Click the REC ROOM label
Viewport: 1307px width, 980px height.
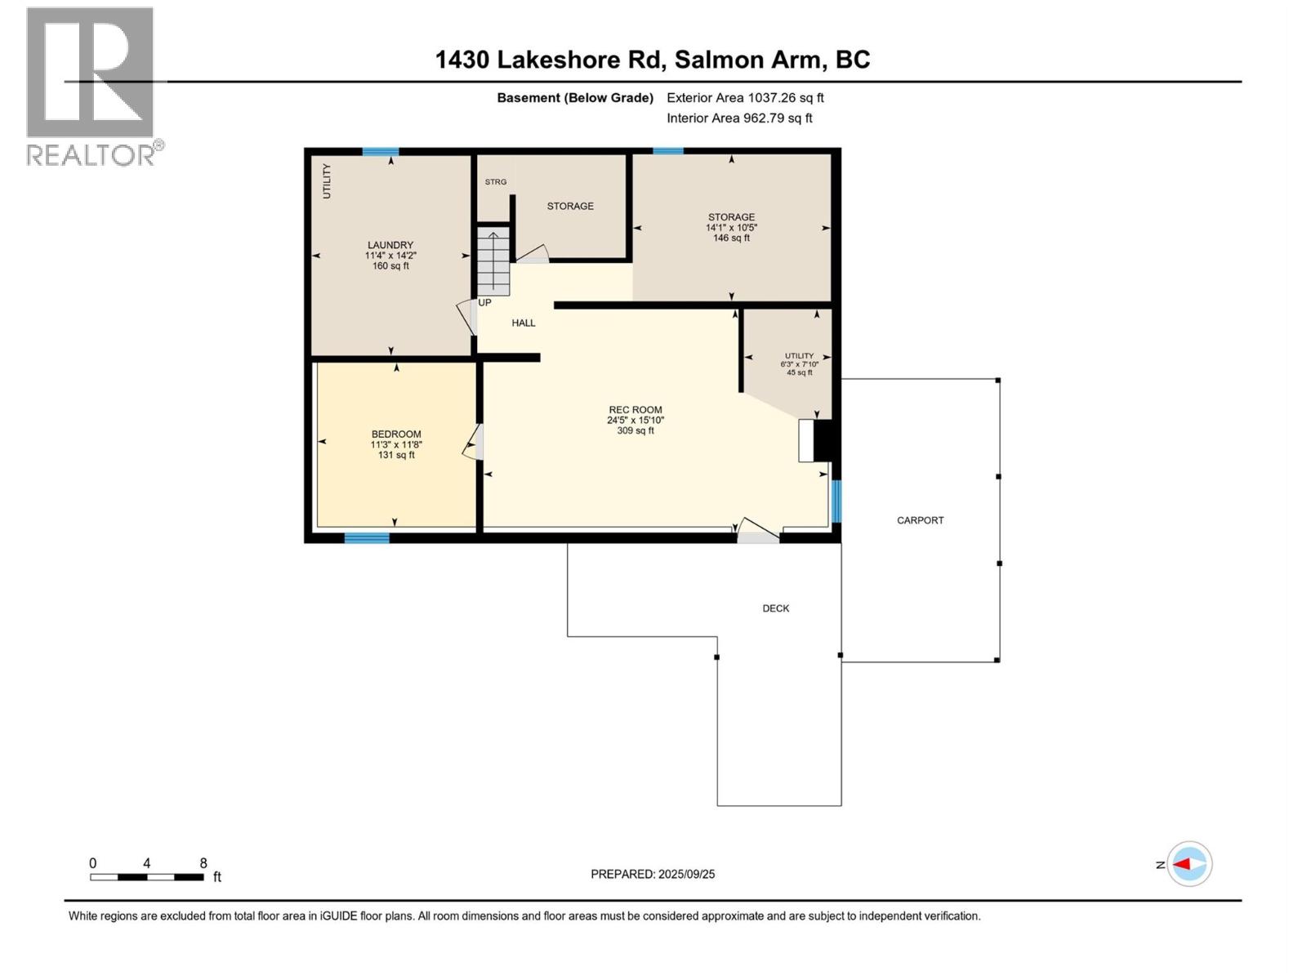[x=635, y=410]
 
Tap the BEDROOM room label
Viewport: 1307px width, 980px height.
[x=396, y=434]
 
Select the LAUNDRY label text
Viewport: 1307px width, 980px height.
[x=390, y=245]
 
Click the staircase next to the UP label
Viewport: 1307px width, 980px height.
[x=493, y=262]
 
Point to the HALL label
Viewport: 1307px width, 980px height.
[x=524, y=323]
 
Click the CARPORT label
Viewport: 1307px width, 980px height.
[x=920, y=520]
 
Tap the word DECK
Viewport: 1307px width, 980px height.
[x=775, y=608]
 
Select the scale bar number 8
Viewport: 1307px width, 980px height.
[x=203, y=863]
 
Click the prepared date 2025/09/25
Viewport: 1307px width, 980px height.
[x=686, y=874]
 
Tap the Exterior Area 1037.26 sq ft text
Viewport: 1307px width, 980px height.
[x=745, y=98]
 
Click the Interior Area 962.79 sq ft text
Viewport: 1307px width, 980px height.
[x=739, y=118]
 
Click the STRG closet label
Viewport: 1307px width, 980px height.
[x=496, y=182]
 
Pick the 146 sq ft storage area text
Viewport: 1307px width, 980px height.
[x=731, y=238]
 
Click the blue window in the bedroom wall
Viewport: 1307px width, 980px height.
[x=367, y=537]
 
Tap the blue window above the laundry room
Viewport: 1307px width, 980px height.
[x=381, y=152]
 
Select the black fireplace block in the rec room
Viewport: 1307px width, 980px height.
[x=823, y=441]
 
